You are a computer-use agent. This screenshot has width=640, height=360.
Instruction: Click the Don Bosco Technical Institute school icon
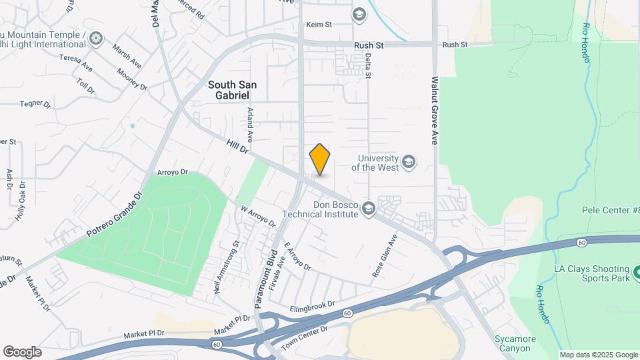click(367, 210)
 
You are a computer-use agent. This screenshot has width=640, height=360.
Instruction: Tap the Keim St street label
click(319, 25)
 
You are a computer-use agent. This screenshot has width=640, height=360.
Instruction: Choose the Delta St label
click(367, 67)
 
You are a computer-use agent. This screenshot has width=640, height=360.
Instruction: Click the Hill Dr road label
click(237, 147)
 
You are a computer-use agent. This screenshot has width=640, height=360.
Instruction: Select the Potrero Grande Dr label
click(115, 216)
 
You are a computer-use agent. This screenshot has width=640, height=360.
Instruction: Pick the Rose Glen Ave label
click(385, 257)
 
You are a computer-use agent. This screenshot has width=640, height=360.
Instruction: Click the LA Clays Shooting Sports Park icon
click(635, 272)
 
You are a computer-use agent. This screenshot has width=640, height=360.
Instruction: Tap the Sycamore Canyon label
click(516, 343)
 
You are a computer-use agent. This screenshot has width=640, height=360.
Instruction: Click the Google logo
click(22, 352)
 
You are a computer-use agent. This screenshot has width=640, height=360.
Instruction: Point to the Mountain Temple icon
click(96, 39)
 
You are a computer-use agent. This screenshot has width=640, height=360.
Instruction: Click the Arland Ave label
click(251, 125)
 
